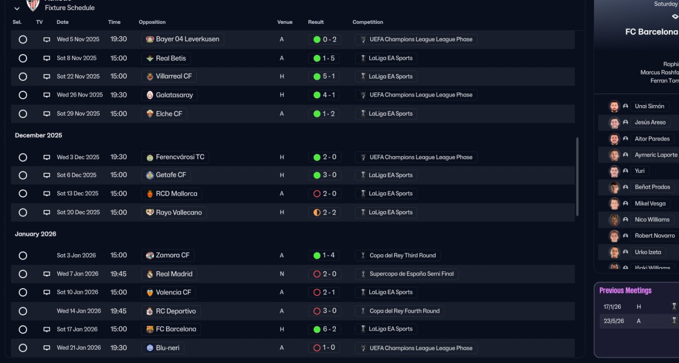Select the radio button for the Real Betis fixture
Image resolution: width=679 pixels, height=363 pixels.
(23, 58)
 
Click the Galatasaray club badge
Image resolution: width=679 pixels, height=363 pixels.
(150, 95)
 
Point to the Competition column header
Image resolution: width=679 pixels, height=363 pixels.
(368, 22)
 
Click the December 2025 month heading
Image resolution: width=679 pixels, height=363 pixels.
(38, 135)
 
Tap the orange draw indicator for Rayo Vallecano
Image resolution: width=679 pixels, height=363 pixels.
(317, 212)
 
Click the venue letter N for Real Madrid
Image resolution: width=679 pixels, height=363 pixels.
(282, 274)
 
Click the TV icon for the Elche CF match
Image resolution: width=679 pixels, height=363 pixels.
(47, 114)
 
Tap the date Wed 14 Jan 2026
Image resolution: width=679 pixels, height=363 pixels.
(79, 311)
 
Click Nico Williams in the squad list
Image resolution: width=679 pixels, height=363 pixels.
(652, 220)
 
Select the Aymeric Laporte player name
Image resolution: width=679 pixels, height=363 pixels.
(656, 155)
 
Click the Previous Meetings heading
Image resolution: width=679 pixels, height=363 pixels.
(625, 290)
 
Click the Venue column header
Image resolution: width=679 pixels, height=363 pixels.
(285, 22)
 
